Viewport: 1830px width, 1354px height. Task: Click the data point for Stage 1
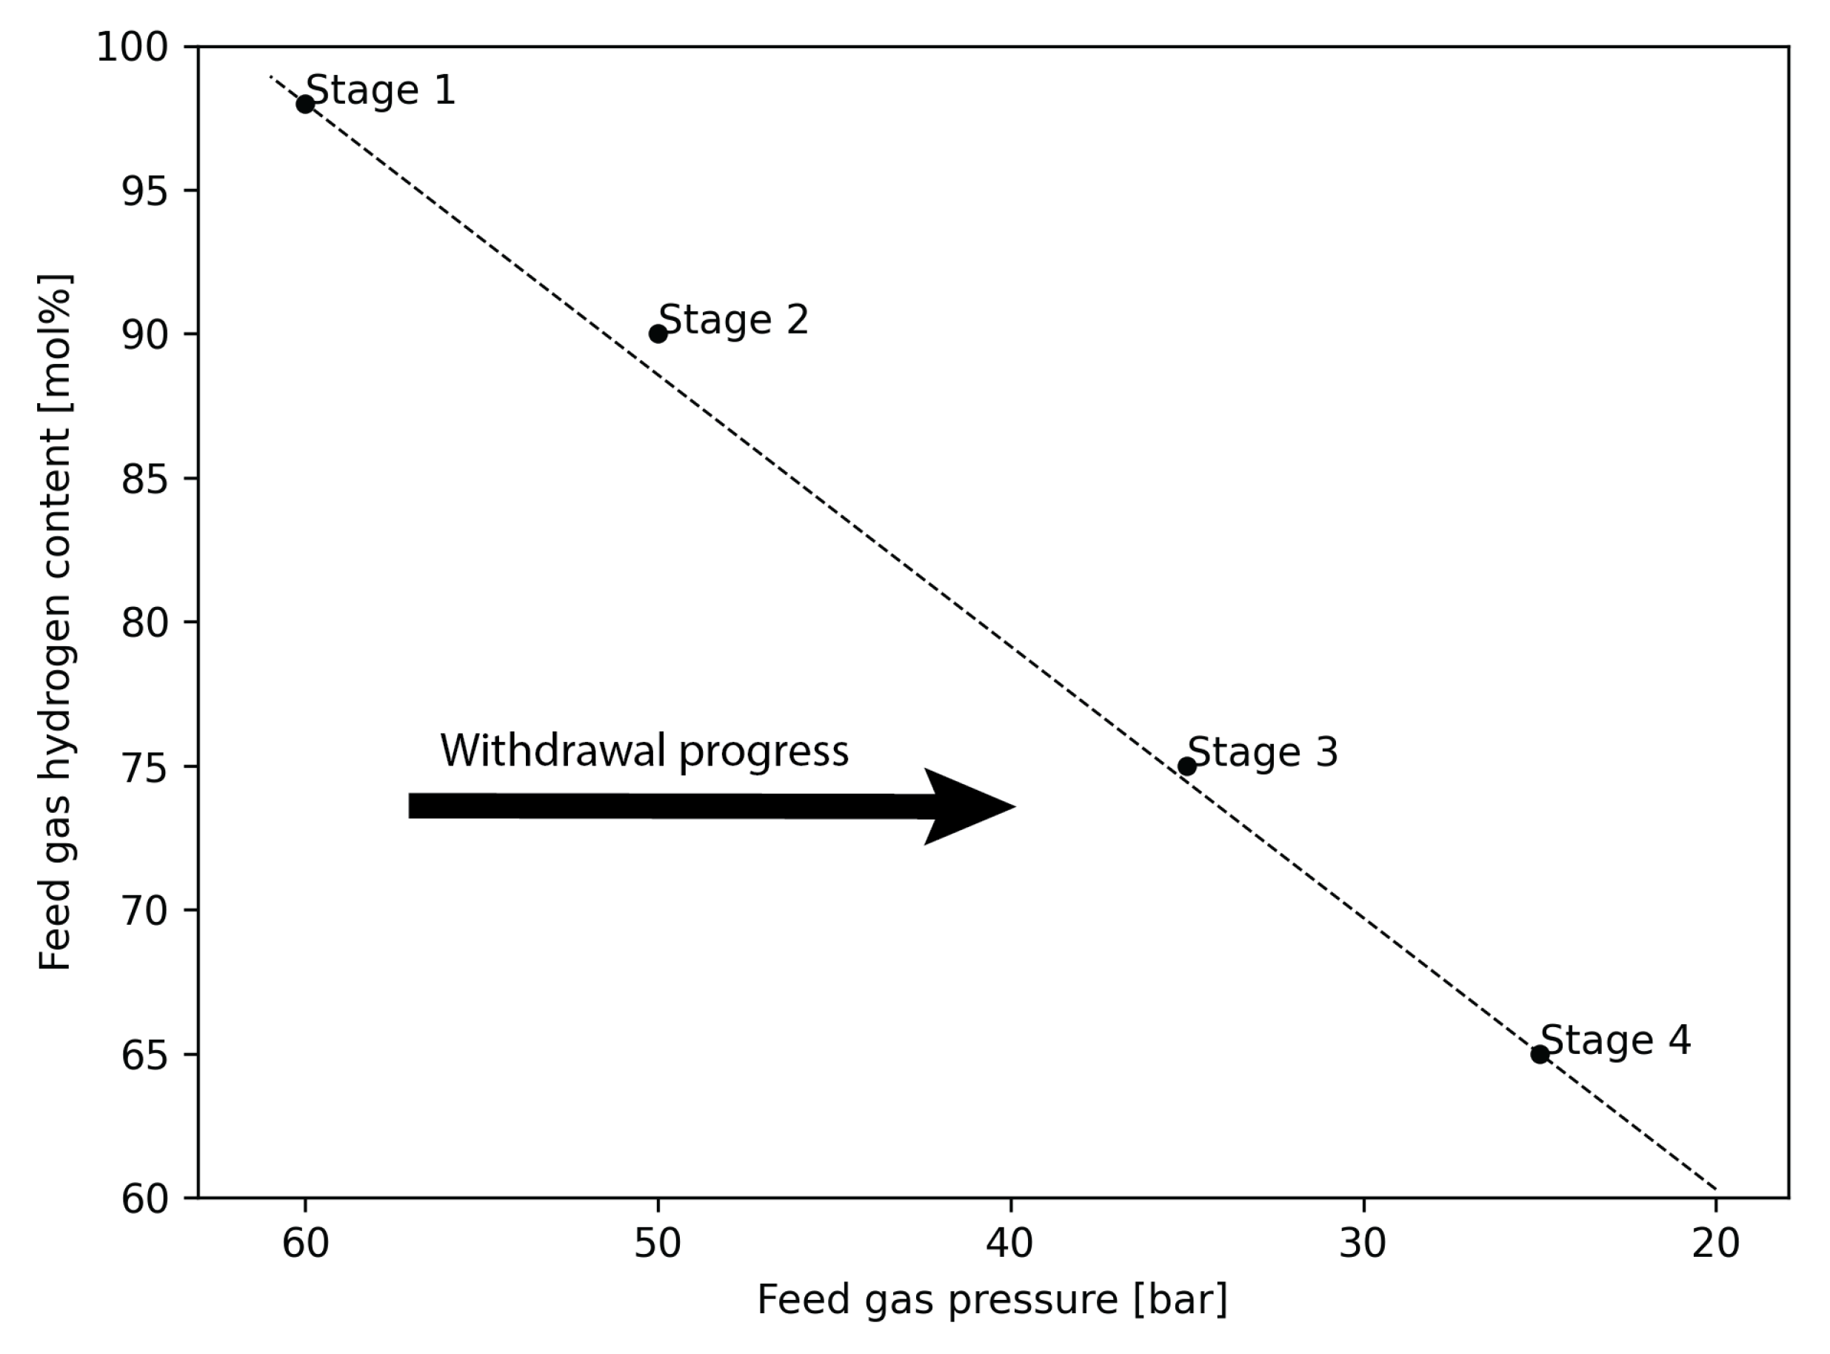pos(304,104)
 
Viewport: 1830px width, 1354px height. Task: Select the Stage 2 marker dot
pos(658,333)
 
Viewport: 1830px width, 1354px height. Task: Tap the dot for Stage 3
pos(1187,766)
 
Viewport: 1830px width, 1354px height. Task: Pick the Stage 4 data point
pos(1540,1054)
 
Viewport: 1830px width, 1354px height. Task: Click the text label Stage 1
pos(380,90)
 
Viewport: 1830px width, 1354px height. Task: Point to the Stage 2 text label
pos(733,319)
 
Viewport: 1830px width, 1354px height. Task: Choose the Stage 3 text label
pos(1262,752)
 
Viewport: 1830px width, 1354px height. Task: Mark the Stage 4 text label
pos(1615,1040)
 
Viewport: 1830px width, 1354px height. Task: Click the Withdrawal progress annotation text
pos(644,751)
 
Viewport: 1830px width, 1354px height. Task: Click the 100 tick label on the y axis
pos(132,47)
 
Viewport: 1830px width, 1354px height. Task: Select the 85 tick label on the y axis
pos(144,479)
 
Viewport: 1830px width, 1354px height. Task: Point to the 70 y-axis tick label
pos(144,911)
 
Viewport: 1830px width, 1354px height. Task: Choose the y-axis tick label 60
pos(144,1199)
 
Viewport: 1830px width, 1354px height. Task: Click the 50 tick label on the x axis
pos(658,1244)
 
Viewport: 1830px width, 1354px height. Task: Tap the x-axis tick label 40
pos(1010,1244)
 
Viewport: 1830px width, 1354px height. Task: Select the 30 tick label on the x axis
pos(1363,1244)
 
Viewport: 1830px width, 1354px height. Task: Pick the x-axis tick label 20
pos(1715,1244)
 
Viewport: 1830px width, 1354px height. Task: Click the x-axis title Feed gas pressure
pos(992,1301)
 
